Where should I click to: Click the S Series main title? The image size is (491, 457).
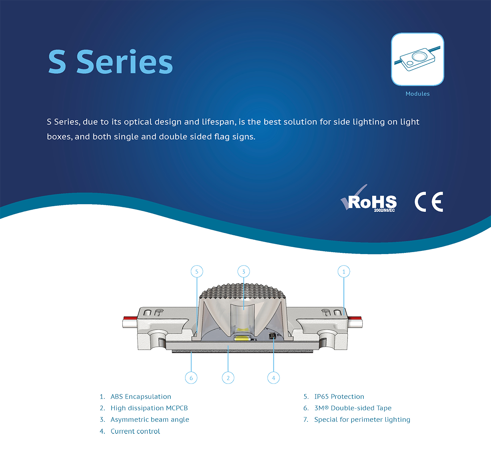pyautogui.click(x=110, y=62)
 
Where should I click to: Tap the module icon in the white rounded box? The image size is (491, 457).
pyautogui.click(x=417, y=59)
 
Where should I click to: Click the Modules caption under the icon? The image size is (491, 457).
pyautogui.click(x=417, y=94)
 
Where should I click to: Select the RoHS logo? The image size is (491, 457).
pyautogui.click(x=369, y=199)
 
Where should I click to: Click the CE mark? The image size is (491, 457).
pyautogui.click(x=429, y=202)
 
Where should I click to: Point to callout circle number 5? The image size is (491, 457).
pyautogui.click(x=197, y=272)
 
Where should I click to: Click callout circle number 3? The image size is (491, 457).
pyautogui.click(x=244, y=272)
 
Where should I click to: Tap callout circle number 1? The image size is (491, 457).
pyautogui.click(x=343, y=272)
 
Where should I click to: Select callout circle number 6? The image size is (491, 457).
pyautogui.click(x=191, y=378)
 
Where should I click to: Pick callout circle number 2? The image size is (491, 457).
pyautogui.click(x=228, y=378)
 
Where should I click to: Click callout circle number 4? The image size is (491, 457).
pyautogui.click(x=273, y=378)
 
